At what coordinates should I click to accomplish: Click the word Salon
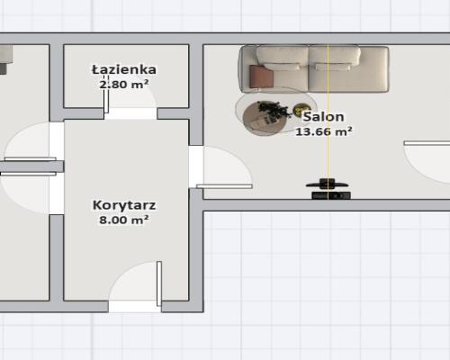point(323,117)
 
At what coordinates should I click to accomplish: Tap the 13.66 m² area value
point(323,131)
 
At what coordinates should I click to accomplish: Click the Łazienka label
point(124,69)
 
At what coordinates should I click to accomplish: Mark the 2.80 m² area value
point(124,84)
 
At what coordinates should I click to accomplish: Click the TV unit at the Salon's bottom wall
point(329,193)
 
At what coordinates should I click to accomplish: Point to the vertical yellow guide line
point(328,153)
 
